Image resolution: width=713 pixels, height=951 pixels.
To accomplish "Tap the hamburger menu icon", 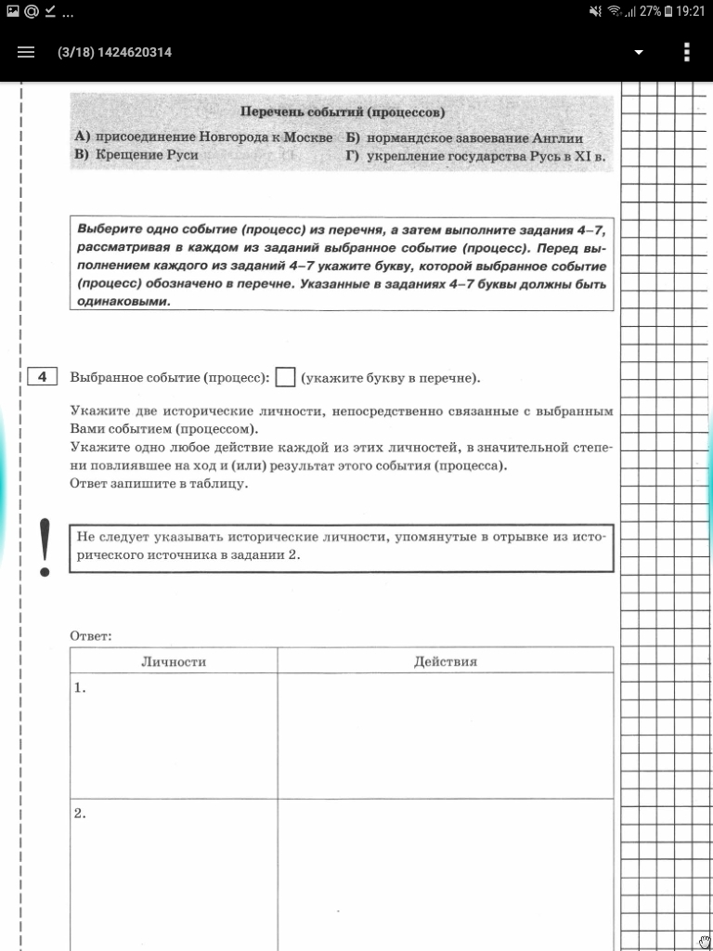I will click(25, 52).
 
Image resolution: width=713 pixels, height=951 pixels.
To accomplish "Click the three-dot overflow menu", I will click(687, 52).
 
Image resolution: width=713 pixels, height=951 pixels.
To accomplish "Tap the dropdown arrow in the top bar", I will click(638, 52).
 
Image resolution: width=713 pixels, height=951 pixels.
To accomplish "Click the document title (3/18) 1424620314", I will click(114, 52).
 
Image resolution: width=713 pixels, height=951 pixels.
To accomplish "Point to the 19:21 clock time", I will click(691, 11).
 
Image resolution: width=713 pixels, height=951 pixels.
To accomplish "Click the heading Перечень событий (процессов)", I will click(343, 112).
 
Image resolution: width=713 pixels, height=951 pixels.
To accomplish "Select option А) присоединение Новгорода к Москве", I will click(203, 137).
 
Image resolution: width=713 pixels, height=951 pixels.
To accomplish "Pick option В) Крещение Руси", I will click(136, 155).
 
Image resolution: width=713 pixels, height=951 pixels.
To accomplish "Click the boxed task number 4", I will click(42, 377).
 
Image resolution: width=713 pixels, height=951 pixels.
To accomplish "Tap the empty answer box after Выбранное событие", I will click(286, 377).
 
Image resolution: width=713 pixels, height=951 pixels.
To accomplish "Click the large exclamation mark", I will click(44, 548).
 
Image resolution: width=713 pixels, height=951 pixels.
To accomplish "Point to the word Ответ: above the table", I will click(91, 636).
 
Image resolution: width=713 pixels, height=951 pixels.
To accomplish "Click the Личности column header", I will click(174, 661).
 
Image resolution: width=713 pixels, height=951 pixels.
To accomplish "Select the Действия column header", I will click(446, 661).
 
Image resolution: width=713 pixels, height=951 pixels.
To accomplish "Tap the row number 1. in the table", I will click(81, 688).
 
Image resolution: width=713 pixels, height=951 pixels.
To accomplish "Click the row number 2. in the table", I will click(81, 813).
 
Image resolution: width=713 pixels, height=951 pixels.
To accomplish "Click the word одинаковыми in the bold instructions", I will click(124, 301).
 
